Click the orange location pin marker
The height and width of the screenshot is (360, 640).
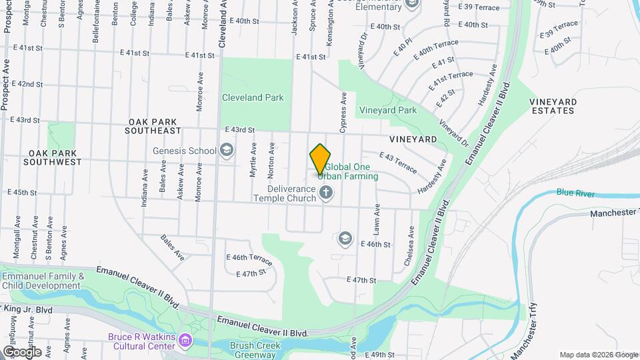[x=320, y=159]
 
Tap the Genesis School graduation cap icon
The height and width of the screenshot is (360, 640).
[x=227, y=150]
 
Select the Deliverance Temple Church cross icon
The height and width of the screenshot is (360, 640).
[x=326, y=193]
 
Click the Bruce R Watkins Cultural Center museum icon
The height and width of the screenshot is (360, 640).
[x=185, y=341]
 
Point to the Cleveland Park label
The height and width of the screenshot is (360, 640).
[x=253, y=97]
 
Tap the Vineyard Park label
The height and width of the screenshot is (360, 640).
[x=387, y=110]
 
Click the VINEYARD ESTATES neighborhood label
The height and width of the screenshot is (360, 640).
[x=552, y=106]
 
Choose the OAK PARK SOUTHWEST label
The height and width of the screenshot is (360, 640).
[x=52, y=157]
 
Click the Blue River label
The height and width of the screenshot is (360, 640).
[x=575, y=193]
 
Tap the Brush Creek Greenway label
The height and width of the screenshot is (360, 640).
[x=253, y=350]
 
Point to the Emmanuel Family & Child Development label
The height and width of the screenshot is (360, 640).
[x=43, y=281]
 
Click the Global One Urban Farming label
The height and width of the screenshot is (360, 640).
[x=347, y=171]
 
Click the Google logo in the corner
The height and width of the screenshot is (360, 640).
[x=21, y=352]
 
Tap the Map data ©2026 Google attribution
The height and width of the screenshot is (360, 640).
[x=598, y=355]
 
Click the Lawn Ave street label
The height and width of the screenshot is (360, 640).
[x=377, y=219]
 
